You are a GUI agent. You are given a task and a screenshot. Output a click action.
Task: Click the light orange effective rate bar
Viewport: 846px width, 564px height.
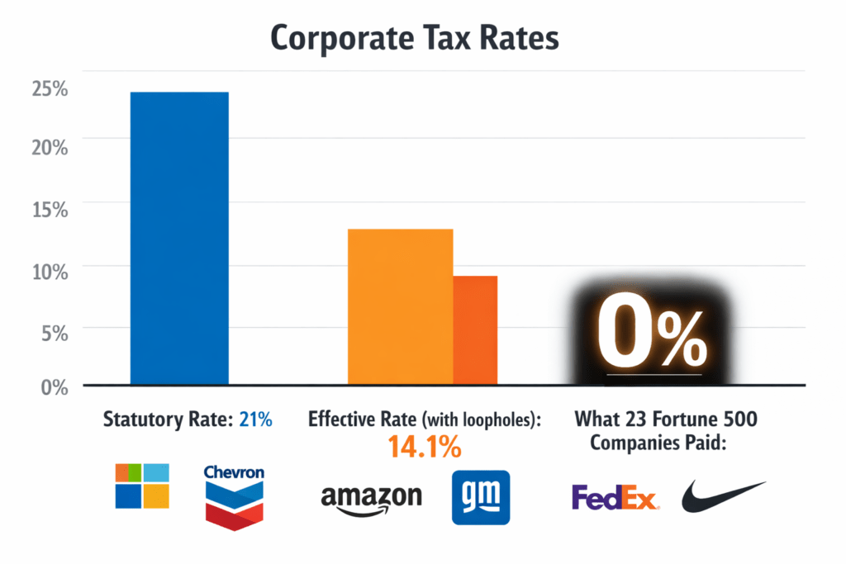pos(400,306)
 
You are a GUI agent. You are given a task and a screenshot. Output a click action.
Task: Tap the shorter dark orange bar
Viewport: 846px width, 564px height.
pos(475,330)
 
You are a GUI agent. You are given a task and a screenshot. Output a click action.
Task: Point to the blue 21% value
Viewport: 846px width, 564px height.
pos(255,419)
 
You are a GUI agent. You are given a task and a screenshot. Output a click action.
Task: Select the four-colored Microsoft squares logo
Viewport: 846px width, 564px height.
pos(142,486)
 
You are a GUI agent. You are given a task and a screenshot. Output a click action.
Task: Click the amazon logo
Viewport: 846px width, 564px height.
pos(371,498)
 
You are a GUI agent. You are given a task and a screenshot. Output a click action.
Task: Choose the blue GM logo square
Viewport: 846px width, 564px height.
pos(481,497)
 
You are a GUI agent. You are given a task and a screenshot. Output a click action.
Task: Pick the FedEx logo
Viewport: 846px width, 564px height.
pos(615,497)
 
